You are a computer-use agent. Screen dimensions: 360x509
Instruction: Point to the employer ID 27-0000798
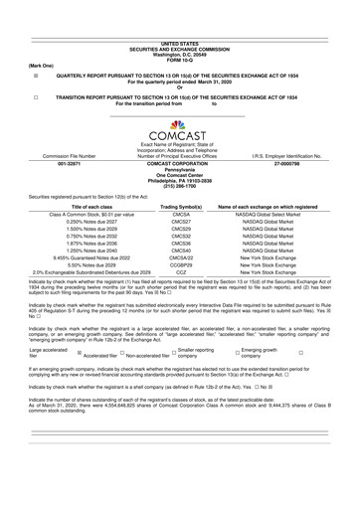pos(314,163)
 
